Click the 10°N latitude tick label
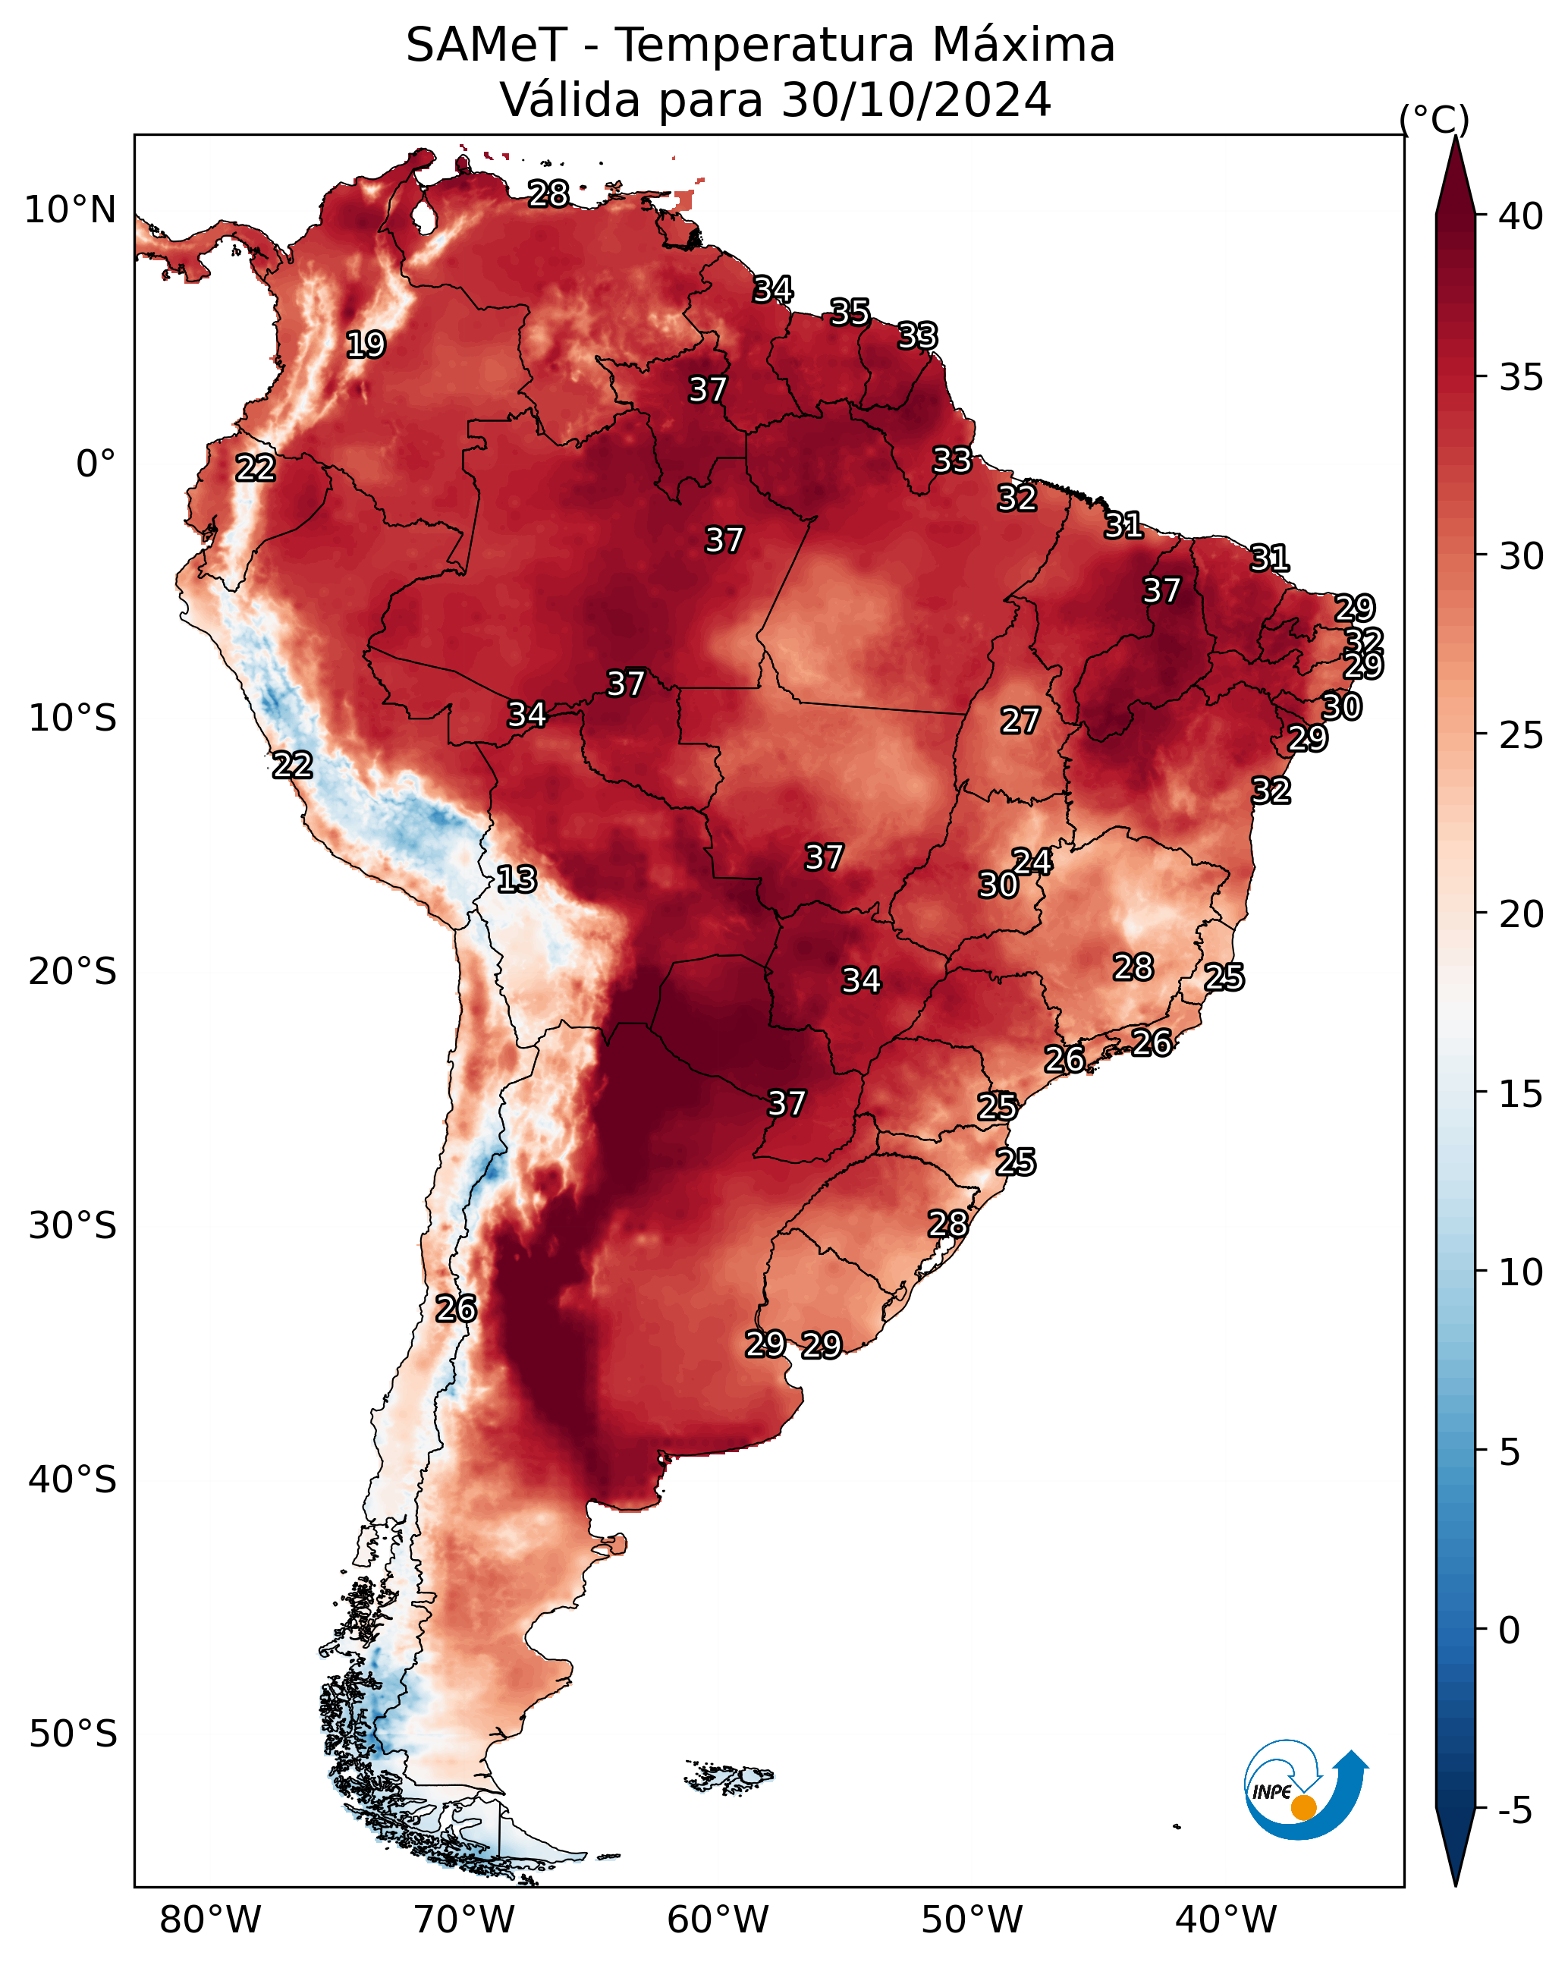tap(70, 210)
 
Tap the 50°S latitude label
tap(73, 1734)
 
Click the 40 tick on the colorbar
tap(1519, 216)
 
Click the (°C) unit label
tap(1433, 119)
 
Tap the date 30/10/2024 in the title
tap(916, 99)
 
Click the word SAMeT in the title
tap(486, 45)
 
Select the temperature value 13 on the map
tap(516, 879)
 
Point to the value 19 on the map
tap(366, 344)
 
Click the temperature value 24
tap(1032, 861)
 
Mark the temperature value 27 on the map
tap(1020, 721)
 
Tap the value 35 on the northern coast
tap(849, 312)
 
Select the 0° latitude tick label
tap(96, 464)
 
